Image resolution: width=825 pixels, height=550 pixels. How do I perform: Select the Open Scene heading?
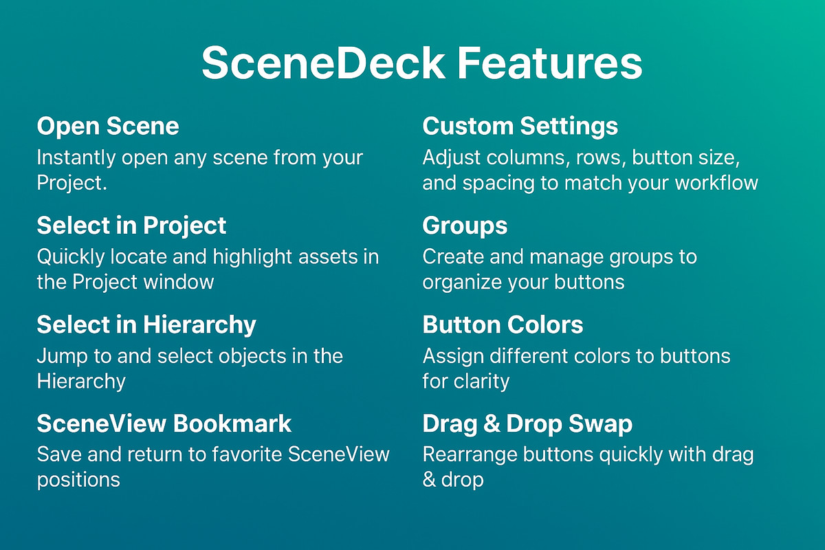pos(108,126)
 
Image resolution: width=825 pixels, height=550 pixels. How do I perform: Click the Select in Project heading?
pos(131,225)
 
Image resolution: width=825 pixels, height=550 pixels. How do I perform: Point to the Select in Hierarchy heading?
pos(146,324)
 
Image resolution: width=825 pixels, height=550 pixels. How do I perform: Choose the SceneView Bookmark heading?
pos(164,423)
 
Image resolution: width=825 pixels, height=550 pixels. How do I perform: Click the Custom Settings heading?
pos(520,126)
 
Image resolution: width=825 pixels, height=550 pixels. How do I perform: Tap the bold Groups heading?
pos(465,225)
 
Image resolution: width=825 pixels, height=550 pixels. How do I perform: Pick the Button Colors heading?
pos(503,324)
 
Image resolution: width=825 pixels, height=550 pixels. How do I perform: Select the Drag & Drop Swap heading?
pos(527,423)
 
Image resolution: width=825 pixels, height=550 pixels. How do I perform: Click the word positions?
pos(78,479)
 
